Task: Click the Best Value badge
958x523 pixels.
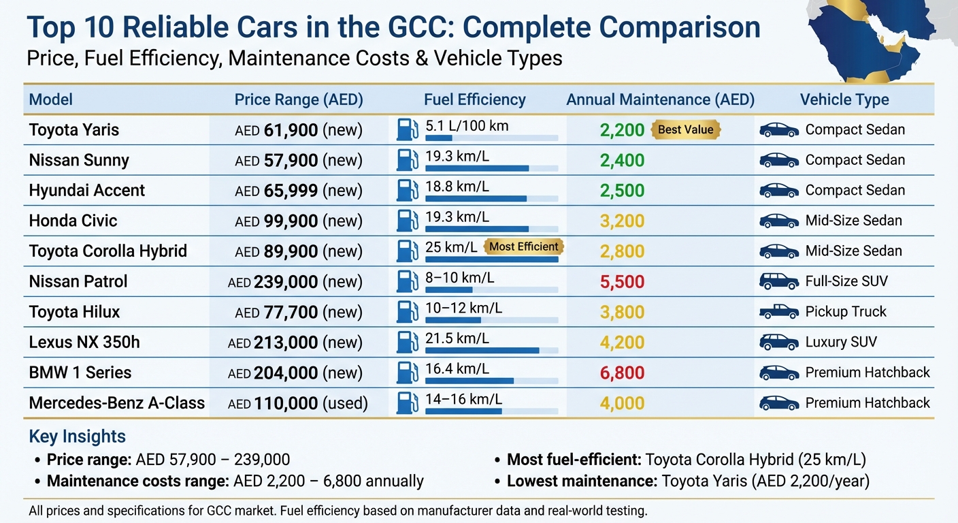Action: pyautogui.click(x=686, y=129)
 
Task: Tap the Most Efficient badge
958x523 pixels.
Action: pyautogui.click(x=523, y=247)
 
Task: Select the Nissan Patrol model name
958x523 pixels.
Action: pyautogui.click(x=78, y=281)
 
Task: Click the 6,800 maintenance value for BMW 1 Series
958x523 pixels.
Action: pyautogui.click(x=622, y=373)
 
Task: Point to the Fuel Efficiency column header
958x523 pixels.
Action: pyautogui.click(x=474, y=99)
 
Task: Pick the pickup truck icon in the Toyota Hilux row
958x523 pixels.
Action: pyautogui.click(x=778, y=312)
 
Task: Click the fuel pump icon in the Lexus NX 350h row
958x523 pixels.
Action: pyautogui.click(x=407, y=341)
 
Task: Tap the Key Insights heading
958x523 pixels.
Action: pyautogui.click(x=77, y=437)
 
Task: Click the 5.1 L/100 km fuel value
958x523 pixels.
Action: pyautogui.click(x=467, y=126)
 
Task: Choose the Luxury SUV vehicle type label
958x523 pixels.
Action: pyautogui.click(x=840, y=342)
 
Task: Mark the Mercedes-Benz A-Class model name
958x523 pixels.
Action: pyautogui.click(x=116, y=403)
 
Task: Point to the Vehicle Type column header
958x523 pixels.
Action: pyautogui.click(x=844, y=99)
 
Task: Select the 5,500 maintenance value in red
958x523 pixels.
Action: pyautogui.click(x=622, y=282)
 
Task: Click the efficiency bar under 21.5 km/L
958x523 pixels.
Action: pyautogui.click(x=482, y=351)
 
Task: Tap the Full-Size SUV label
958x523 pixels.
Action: pyautogui.click(x=846, y=281)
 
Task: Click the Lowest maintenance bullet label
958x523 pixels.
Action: pyautogui.click(x=582, y=481)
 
